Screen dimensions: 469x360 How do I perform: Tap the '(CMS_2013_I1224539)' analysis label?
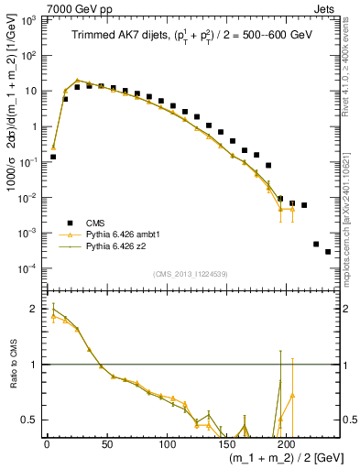click(x=191, y=273)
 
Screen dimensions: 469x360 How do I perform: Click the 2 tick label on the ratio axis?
click(x=34, y=309)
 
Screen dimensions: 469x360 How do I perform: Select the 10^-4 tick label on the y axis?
click(x=28, y=267)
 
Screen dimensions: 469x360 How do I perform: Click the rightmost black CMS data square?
click(x=328, y=252)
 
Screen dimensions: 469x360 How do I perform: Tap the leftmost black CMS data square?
click(x=53, y=157)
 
